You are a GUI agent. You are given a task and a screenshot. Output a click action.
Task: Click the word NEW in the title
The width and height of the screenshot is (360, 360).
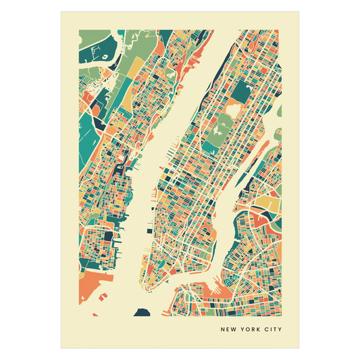229,330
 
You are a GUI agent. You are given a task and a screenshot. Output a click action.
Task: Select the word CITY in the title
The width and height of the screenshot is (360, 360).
272,330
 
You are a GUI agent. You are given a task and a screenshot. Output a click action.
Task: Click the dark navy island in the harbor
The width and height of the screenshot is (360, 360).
142,311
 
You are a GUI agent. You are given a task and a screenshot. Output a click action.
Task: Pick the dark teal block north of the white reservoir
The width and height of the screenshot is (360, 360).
241,90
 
